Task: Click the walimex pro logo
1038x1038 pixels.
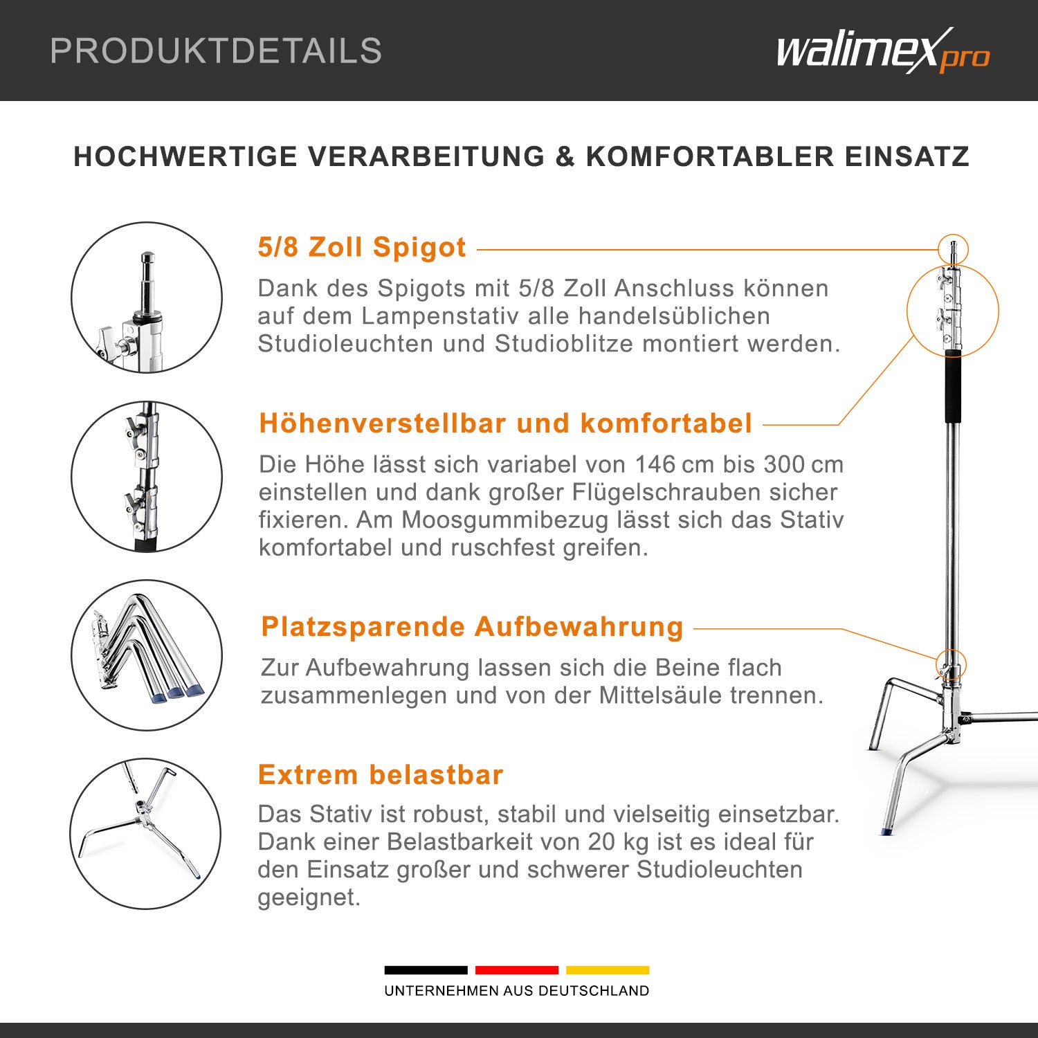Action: pos(884,51)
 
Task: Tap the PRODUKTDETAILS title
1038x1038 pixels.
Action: pos(216,51)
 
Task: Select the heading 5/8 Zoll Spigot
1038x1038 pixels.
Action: pos(362,248)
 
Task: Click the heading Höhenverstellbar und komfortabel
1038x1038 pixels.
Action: pos(506,423)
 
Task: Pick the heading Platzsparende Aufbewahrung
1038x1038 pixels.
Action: pos(473,627)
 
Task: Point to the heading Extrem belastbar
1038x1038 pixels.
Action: pos(381,774)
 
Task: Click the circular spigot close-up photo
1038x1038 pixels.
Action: pos(147,298)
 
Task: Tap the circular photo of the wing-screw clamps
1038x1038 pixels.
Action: pos(147,477)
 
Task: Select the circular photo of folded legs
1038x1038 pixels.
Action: pos(147,655)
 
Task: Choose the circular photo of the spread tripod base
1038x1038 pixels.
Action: pos(145,834)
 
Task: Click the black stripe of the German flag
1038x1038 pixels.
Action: pos(426,970)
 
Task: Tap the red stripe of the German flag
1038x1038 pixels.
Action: pos(517,970)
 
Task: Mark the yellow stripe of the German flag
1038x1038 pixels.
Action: pos(608,970)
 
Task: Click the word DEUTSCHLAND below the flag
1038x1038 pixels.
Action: pos(594,991)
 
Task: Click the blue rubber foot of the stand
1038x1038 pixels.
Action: pos(886,830)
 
